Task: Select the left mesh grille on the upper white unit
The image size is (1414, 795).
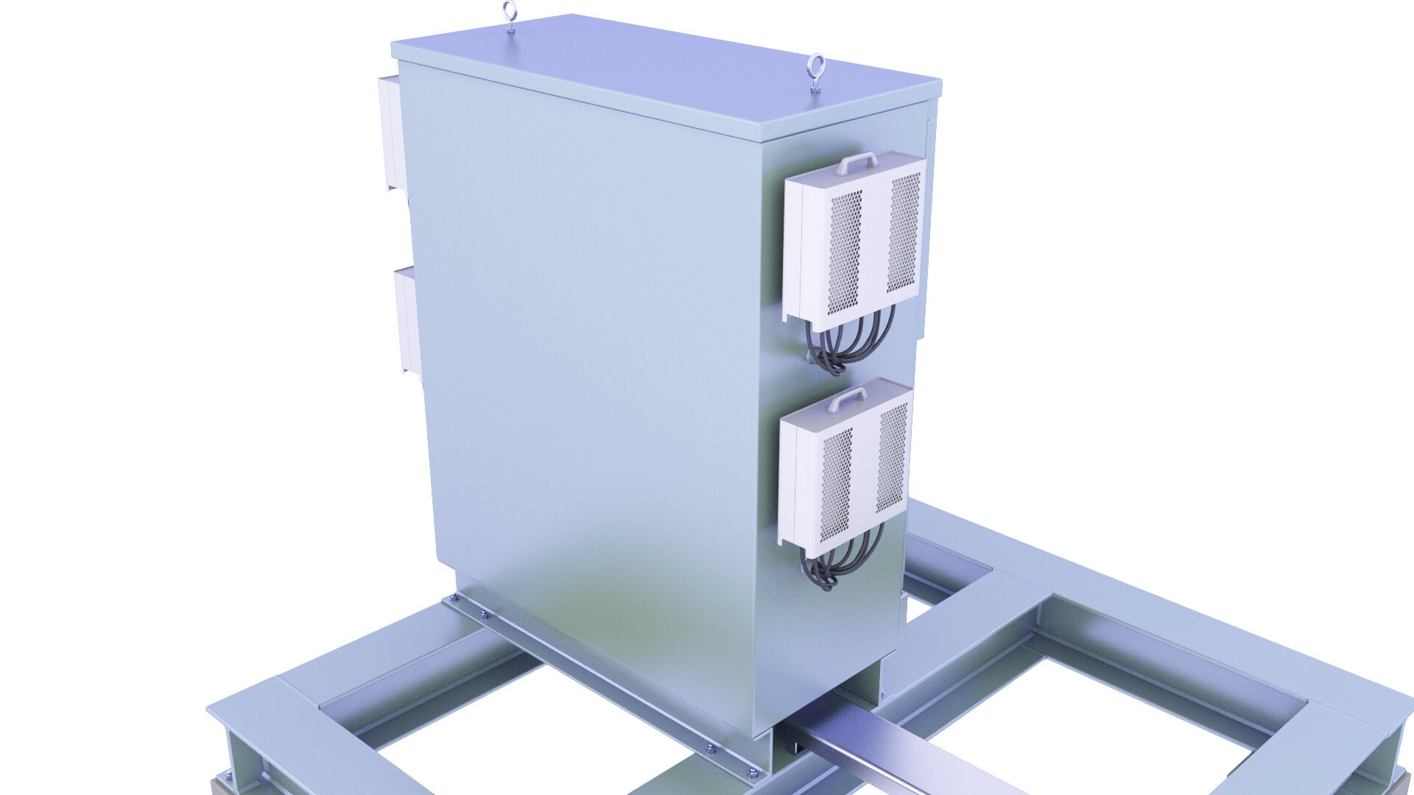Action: click(x=846, y=243)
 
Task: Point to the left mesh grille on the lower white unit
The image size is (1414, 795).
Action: click(x=837, y=483)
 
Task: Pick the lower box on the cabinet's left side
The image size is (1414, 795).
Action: click(x=405, y=320)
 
